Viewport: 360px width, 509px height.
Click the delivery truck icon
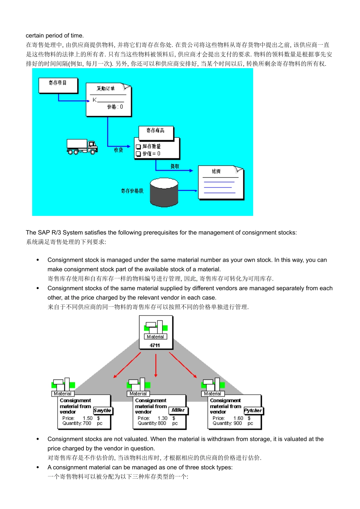[x=82, y=147]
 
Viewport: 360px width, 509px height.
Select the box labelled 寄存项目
[x=58, y=85]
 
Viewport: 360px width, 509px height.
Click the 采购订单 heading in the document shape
[x=105, y=89]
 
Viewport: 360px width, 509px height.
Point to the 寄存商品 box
[x=155, y=131]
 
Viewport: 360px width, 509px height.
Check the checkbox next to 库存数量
[x=138, y=147]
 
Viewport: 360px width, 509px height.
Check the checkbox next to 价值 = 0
[x=138, y=154]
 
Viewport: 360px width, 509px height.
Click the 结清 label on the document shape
[x=216, y=172]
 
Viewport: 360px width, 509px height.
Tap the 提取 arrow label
[x=175, y=166]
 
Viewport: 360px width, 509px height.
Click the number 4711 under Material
[x=155, y=345]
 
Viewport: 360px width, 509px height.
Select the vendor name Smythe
[x=102, y=411]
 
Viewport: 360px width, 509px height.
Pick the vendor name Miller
[x=178, y=410]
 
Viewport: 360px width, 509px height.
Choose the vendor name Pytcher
[x=253, y=411]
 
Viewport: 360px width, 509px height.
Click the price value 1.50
[x=88, y=418]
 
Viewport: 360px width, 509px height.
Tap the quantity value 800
[x=162, y=423]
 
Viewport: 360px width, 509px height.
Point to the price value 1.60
[x=238, y=418]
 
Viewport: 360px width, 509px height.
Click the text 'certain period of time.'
[x=55, y=36]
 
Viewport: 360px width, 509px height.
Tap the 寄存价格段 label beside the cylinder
[x=132, y=191]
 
